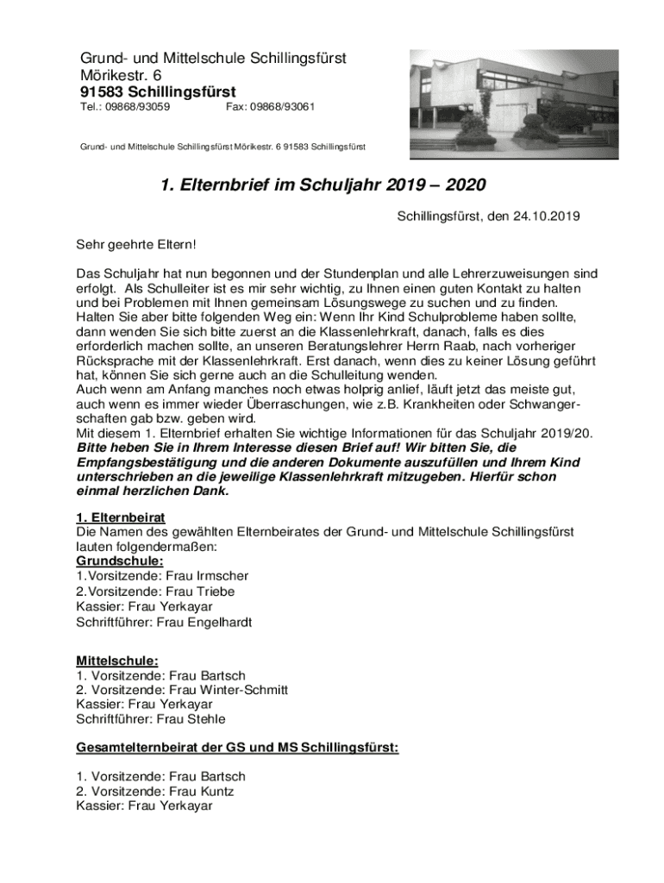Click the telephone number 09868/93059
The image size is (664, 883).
coord(137,107)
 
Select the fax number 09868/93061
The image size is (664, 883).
coord(284,107)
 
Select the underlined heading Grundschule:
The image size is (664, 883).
coord(119,561)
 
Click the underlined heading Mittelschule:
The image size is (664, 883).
coord(117,661)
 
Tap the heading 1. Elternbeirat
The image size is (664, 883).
coord(121,517)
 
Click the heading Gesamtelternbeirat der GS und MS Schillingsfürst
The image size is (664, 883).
coord(237,748)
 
